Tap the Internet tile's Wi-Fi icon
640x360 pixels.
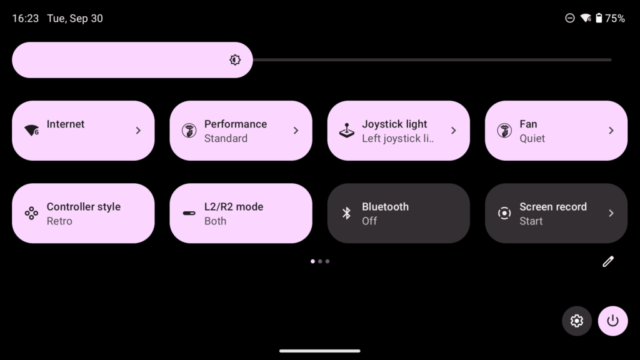[31, 131]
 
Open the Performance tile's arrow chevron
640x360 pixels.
[296, 131]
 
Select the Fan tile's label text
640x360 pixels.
[528, 124]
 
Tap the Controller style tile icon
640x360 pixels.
[31, 213]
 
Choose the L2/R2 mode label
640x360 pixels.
[234, 207]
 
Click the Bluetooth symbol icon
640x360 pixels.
[346, 213]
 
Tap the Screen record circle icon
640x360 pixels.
[504, 213]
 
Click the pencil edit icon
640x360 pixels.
[608, 261]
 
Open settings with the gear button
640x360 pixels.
[576, 321]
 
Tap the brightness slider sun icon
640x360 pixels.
[235, 60]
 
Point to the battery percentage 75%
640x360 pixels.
[615, 19]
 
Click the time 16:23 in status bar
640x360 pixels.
[26, 19]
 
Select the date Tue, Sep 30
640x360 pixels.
[75, 19]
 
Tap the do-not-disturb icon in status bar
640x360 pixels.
[570, 19]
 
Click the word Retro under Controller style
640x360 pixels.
[59, 221]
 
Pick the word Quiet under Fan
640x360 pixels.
[532, 139]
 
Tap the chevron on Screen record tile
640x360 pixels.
[611, 213]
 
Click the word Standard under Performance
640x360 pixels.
[226, 139]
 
